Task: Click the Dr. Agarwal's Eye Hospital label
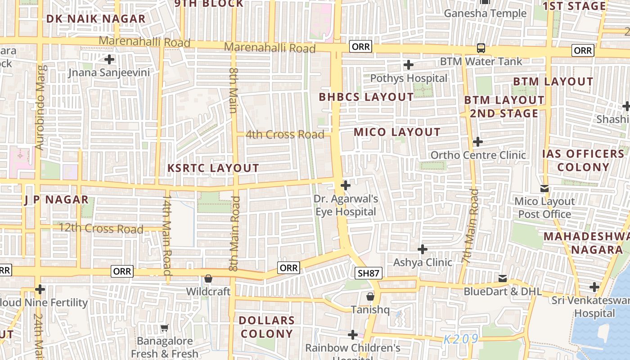coord(346,205)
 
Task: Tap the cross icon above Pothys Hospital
coord(409,65)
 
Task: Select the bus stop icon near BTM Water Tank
coord(481,48)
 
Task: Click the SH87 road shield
coord(369,273)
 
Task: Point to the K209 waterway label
coord(461,339)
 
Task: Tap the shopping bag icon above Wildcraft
coord(208,279)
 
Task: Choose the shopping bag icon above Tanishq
coord(370,296)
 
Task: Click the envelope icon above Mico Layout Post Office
coord(544,188)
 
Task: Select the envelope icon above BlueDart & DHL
coord(503,279)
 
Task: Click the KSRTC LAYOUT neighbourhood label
coord(213,168)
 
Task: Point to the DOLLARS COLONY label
coord(267,327)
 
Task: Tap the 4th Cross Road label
coord(284,134)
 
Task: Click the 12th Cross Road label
coord(101,229)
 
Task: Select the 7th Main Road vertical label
coord(470,226)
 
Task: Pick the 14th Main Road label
coord(167,234)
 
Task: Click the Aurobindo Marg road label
coord(40,108)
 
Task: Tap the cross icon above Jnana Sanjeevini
coord(109,59)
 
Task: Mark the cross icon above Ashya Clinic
coord(423,249)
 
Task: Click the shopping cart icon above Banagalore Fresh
coord(165,328)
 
